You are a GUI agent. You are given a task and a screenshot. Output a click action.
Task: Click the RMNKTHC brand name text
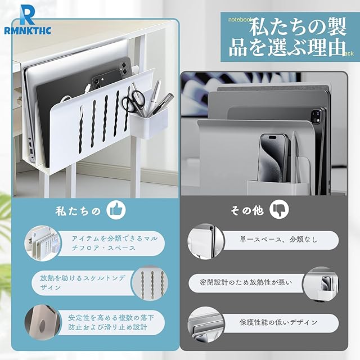28,30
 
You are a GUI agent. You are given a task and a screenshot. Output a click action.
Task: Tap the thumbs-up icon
116,210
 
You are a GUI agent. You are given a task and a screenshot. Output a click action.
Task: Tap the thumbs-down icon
279,209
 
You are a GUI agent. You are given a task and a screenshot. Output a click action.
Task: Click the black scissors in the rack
133,101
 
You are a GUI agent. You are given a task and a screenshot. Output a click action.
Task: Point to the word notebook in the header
240,20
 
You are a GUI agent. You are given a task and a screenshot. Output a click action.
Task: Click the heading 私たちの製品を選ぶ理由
287,38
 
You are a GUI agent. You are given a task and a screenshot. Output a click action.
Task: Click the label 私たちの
78,211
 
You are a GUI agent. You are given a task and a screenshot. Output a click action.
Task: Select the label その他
247,210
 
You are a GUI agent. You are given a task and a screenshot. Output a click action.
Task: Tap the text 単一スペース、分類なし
278,240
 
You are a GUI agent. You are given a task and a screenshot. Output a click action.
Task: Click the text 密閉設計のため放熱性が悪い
246,282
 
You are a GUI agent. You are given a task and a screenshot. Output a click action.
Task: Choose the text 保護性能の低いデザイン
278,322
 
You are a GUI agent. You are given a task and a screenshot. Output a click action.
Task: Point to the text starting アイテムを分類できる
115,243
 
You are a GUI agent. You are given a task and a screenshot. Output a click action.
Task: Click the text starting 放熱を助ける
83,282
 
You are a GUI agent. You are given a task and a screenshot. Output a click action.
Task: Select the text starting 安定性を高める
111,322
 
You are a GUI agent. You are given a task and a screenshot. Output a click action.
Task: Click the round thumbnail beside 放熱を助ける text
149,283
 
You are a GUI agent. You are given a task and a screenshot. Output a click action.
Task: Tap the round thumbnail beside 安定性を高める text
43,323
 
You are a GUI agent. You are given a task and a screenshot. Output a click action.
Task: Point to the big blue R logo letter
27,15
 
